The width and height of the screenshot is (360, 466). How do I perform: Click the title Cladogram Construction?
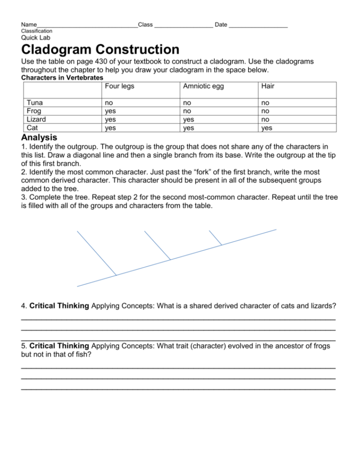click(x=100, y=49)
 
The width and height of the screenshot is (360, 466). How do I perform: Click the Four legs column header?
click(x=119, y=86)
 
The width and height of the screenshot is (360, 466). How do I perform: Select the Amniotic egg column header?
click(x=203, y=86)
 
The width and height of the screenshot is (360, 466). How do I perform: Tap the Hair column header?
click(x=268, y=86)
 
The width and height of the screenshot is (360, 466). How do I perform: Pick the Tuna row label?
click(x=35, y=102)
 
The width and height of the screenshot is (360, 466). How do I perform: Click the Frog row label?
click(x=35, y=110)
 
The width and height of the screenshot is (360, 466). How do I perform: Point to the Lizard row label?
click(x=37, y=119)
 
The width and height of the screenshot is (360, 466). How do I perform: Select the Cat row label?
click(x=33, y=127)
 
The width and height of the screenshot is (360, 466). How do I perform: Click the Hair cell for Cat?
click(x=267, y=127)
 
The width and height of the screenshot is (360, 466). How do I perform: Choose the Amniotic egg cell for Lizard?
click(x=189, y=119)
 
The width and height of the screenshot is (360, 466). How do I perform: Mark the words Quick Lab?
click(x=36, y=37)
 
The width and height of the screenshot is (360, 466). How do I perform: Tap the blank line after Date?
click(x=259, y=25)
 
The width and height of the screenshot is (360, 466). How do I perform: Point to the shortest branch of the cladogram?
click(x=215, y=238)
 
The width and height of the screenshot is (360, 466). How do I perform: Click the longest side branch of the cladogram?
click(x=97, y=253)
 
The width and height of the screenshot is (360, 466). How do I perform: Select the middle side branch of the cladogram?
click(x=158, y=245)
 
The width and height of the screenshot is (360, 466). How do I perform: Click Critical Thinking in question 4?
click(x=59, y=306)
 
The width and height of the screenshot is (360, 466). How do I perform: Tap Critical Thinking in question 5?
click(x=59, y=346)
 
